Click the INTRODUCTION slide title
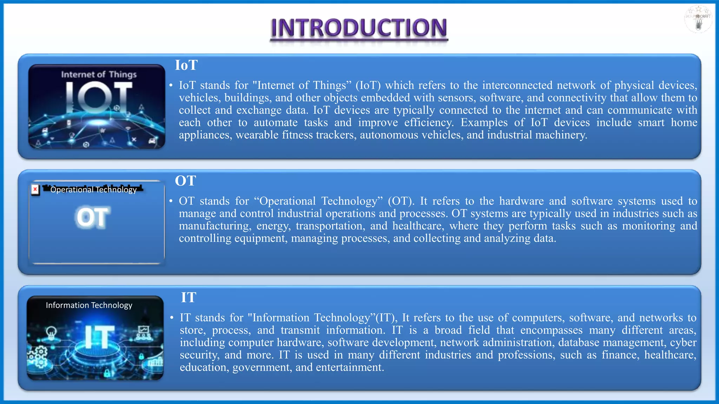coord(359,28)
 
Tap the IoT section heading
coord(186,65)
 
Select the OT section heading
coord(185,181)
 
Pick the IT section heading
coord(189,297)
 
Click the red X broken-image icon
coord(35,190)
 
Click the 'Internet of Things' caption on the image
coord(99,74)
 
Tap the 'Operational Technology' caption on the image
coord(93,190)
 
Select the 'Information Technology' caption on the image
coord(89,305)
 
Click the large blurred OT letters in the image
coord(92,217)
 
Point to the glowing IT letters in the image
coord(100,337)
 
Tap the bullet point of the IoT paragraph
coord(171,86)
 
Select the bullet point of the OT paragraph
coord(171,201)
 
